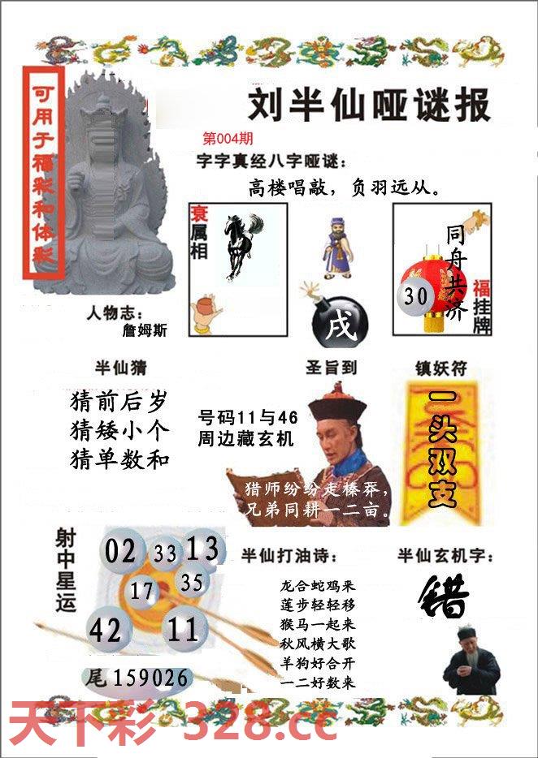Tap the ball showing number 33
click(x=165, y=554)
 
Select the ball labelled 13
click(x=202, y=550)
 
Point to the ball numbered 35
click(x=192, y=583)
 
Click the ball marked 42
click(x=106, y=630)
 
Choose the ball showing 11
click(x=185, y=629)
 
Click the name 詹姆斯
click(x=145, y=331)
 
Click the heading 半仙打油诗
click(x=289, y=556)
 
